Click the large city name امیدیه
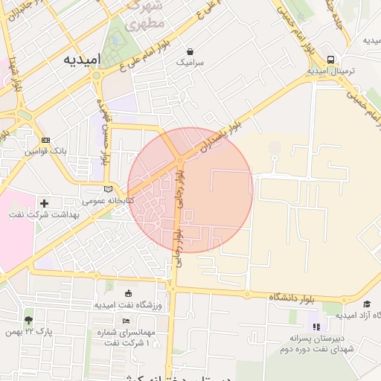[81, 59]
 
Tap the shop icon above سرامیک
[191, 52]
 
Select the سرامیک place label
[190, 64]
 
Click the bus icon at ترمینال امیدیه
[330, 60]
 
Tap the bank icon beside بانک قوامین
[46, 140]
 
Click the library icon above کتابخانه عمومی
[110, 189]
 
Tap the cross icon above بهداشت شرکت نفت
[44, 203]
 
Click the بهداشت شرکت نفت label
[44, 214]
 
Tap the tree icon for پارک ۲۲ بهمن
[28, 318]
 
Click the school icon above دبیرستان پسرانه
[315, 326]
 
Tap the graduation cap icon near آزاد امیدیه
[366, 304]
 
